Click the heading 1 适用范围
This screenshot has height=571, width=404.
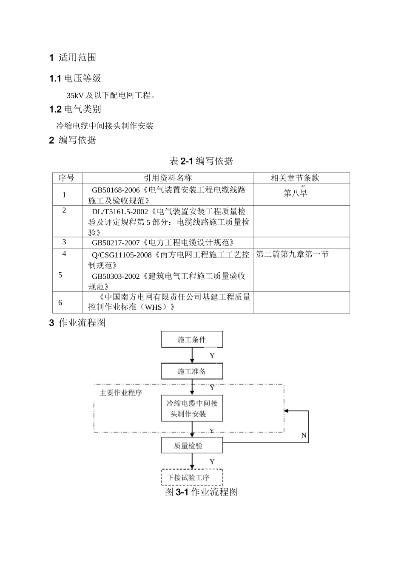pos(73,57)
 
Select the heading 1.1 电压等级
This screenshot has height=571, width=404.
pos(75,78)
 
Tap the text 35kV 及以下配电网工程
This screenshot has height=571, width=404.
pos(111,95)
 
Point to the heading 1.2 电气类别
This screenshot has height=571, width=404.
pos(75,109)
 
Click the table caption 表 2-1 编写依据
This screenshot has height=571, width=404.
pos(201,161)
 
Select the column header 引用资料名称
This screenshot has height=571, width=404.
pos(168,178)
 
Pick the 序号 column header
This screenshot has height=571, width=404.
pos(67,178)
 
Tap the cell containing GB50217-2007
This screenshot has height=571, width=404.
pos(163,243)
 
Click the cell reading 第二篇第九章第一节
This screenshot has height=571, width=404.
pos(292,254)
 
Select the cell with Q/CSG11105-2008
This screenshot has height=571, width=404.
pos(168,260)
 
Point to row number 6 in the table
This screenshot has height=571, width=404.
pos(60,302)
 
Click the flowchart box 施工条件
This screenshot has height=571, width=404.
pos(192,339)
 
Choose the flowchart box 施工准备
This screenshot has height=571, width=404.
pos(192,371)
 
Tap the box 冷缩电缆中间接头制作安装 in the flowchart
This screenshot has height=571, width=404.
pos(192,408)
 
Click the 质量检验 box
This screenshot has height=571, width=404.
pos(192,446)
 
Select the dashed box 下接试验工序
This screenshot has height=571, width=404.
pos(192,477)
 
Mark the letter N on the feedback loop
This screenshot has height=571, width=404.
pos(304,435)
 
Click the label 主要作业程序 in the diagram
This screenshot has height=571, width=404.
pos(121,393)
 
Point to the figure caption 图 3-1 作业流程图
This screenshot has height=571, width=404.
pos(202,492)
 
